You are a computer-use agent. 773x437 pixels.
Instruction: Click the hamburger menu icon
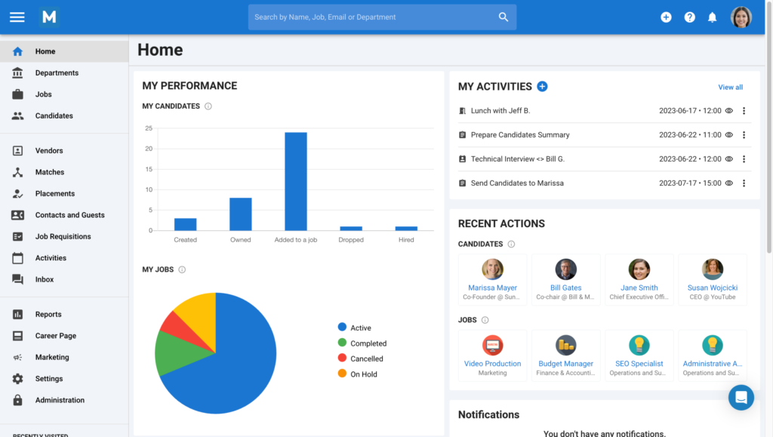(17, 17)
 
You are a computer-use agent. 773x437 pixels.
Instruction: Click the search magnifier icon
(504, 17)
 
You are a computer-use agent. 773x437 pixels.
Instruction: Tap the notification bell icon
(712, 17)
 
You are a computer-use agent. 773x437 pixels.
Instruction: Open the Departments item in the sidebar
(57, 73)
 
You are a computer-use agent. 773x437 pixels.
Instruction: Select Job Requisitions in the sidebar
(63, 236)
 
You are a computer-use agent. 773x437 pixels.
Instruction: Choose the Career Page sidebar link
(55, 336)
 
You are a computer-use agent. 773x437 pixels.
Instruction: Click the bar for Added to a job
(296, 181)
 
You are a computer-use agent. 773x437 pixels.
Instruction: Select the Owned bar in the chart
(241, 214)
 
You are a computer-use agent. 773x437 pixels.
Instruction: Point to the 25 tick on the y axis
(149, 128)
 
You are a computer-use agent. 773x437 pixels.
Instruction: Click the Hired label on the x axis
(406, 240)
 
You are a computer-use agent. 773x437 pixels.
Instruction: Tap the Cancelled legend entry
(366, 359)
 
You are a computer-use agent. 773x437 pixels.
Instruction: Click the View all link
(730, 87)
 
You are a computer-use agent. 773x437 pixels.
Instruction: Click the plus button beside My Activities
(542, 86)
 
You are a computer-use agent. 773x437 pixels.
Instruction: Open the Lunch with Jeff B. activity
(500, 111)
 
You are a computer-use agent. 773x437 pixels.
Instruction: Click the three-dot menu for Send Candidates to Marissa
(744, 183)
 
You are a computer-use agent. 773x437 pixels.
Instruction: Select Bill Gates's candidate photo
(566, 269)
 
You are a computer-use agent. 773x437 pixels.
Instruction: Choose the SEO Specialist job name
(639, 364)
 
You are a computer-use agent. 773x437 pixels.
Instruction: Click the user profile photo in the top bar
(741, 17)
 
